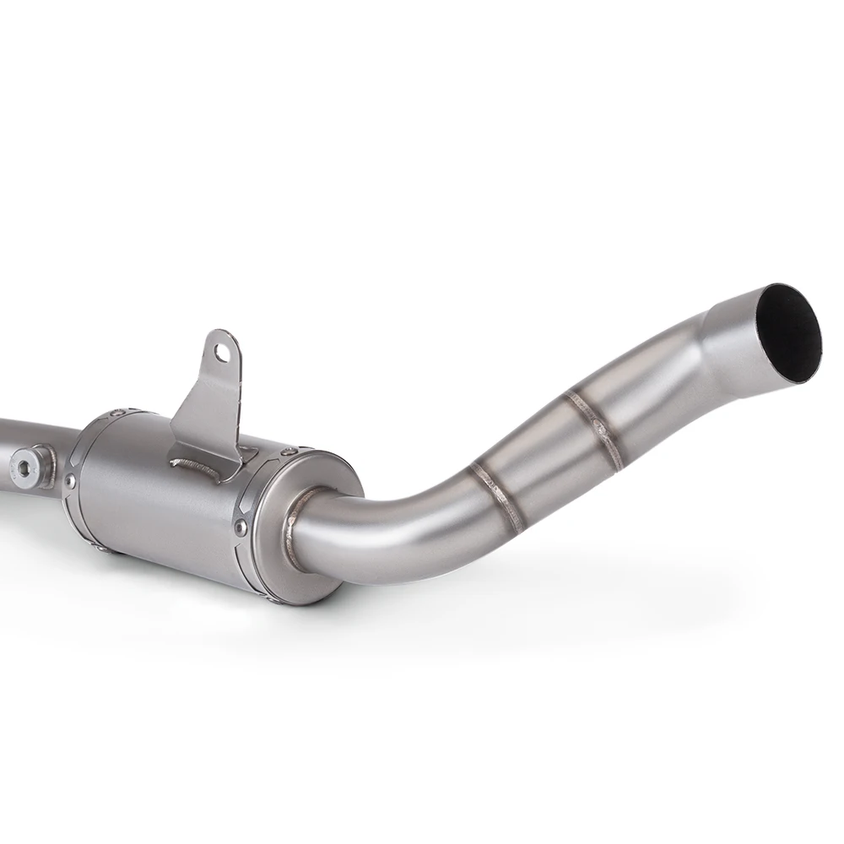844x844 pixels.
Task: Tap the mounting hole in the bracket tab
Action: [x=221, y=351]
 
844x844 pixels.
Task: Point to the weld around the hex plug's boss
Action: [x=46, y=461]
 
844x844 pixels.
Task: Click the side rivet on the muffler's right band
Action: [x=241, y=527]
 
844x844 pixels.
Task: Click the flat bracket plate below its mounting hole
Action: [x=207, y=405]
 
